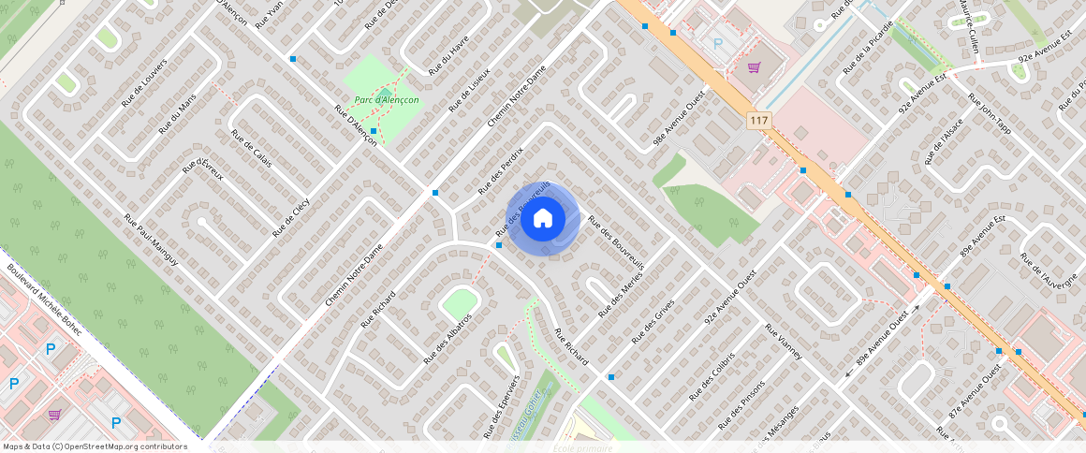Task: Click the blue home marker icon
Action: click(x=542, y=219)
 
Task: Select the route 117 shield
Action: click(x=758, y=121)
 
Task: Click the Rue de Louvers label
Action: click(x=143, y=83)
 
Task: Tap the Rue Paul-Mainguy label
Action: click(x=151, y=240)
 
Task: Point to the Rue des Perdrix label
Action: click(x=501, y=170)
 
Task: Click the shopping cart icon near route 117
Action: click(x=754, y=67)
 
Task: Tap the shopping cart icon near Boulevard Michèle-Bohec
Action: click(x=54, y=414)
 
